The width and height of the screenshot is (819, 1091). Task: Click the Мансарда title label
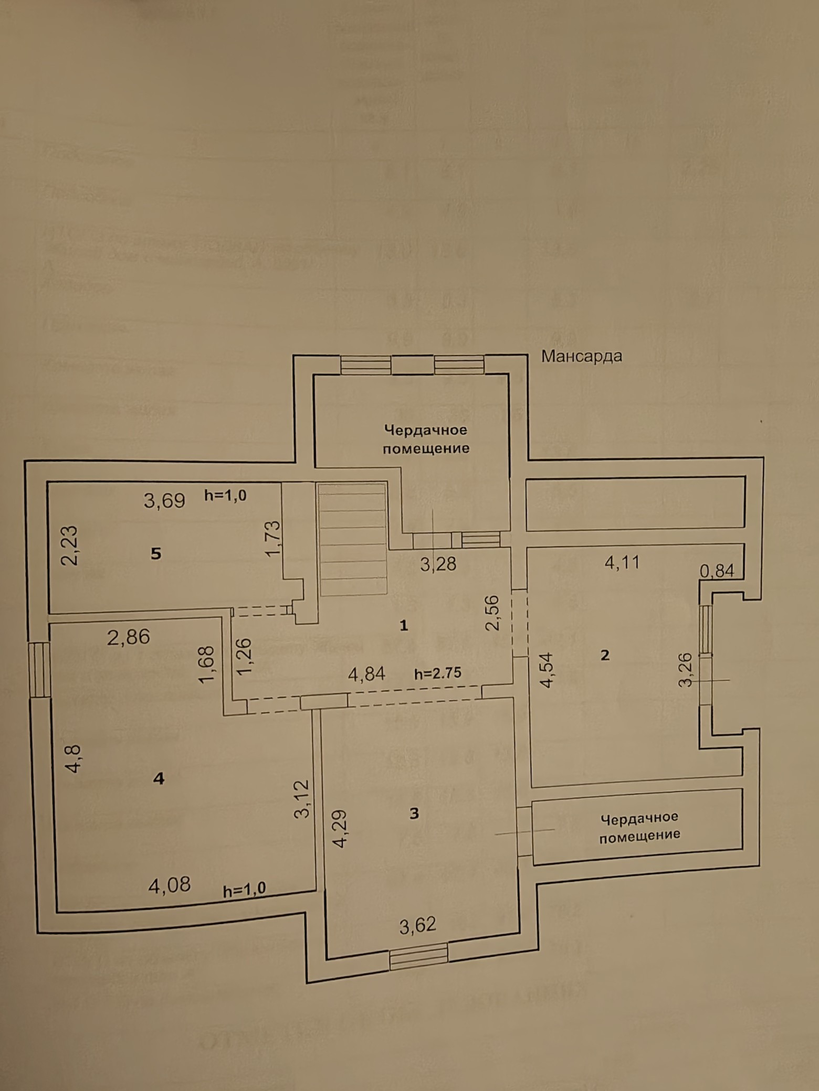(x=581, y=356)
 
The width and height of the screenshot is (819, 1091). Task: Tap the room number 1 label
(x=404, y=625)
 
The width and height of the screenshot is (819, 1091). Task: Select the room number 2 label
(x=605, y=655)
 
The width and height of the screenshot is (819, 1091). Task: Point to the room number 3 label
(x=414, y=813)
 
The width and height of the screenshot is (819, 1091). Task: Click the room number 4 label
(x=159, y=778)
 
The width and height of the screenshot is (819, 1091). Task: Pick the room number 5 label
(x=155, y=553)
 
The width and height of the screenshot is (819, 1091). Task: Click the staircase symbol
(x=352, y=539)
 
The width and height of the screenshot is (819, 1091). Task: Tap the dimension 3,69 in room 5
(x=164, y=500)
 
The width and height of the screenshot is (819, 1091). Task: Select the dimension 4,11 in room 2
(x=622, y=563)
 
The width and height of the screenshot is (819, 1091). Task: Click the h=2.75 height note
(x=438, y=673)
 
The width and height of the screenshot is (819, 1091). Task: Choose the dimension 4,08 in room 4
(x=169, y=886)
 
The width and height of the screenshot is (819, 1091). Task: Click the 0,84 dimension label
(x=717, y=571)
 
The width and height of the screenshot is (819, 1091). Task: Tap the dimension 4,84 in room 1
(x=366, y=673)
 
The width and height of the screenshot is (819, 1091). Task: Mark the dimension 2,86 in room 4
(x=128, y=637)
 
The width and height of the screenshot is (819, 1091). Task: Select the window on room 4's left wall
(x=39, y=670)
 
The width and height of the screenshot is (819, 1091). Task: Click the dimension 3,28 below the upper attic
(x=438, y=564)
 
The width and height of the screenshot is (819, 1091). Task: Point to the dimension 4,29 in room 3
(x=340, y=829)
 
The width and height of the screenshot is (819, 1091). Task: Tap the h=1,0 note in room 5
(x=225, y=495)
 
